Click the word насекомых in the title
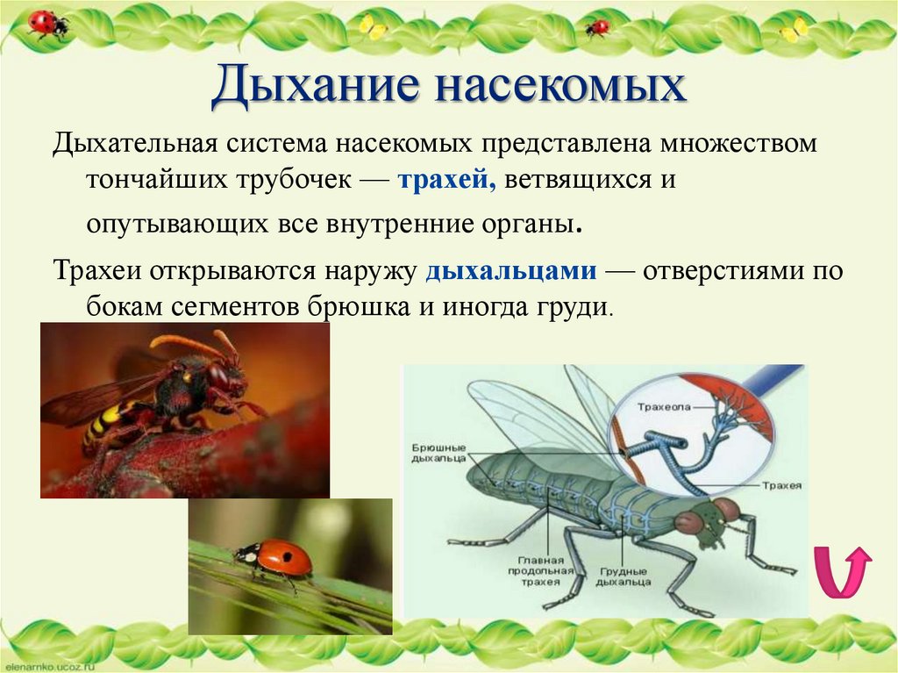click(560, 89)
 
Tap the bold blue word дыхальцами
click(511, 271)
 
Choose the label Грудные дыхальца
click(625, 576)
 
